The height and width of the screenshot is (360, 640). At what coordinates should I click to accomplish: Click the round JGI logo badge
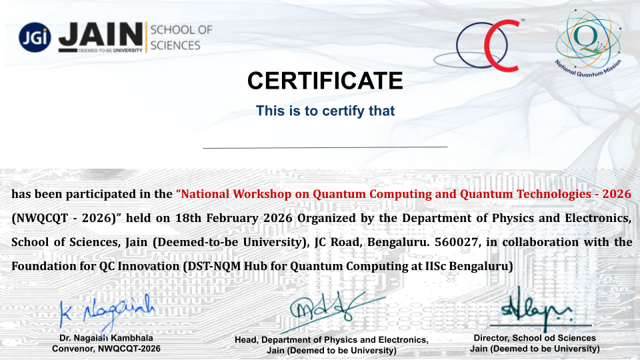coord(35,37)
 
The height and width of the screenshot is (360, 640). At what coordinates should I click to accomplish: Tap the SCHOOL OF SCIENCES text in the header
coord(181,37)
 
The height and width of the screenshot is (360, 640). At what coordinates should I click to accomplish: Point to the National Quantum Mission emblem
coord(588,43)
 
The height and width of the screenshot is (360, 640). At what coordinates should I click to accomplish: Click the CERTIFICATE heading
coord(325,81)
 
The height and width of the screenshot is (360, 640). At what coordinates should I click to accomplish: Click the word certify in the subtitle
coord(344,111)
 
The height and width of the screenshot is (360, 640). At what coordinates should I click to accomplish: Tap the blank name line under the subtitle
coord(325,147)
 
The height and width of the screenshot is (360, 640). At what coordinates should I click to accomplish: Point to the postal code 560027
coord(456,242)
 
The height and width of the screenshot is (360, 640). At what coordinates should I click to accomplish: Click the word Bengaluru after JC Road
coord(399,242)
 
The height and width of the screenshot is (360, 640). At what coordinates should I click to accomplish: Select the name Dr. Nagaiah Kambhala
coord(106,338)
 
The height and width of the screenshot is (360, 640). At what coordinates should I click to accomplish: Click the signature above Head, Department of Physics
coord(333,311)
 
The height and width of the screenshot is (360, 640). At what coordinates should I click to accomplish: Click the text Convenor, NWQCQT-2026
coord(106,349)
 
